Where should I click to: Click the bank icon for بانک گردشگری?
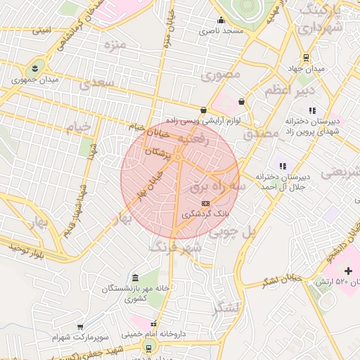[x=205, y=202]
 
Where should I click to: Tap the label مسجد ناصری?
[x=221, y=31]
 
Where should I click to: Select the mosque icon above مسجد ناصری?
[x=221, y=20]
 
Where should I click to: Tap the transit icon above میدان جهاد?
[x=306, y=58]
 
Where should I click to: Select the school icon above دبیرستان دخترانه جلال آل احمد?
[x=282, y=166]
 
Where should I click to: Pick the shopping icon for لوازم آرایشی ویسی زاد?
[x=204, y=110]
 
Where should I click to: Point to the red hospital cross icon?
[x=348, y=271]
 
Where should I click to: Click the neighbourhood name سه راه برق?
[x=218, y=188]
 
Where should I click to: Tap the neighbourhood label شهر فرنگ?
[x=175, y=246]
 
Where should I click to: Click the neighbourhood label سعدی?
[x=96, y=84]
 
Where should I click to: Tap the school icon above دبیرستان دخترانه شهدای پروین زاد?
[x=311, y=110]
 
